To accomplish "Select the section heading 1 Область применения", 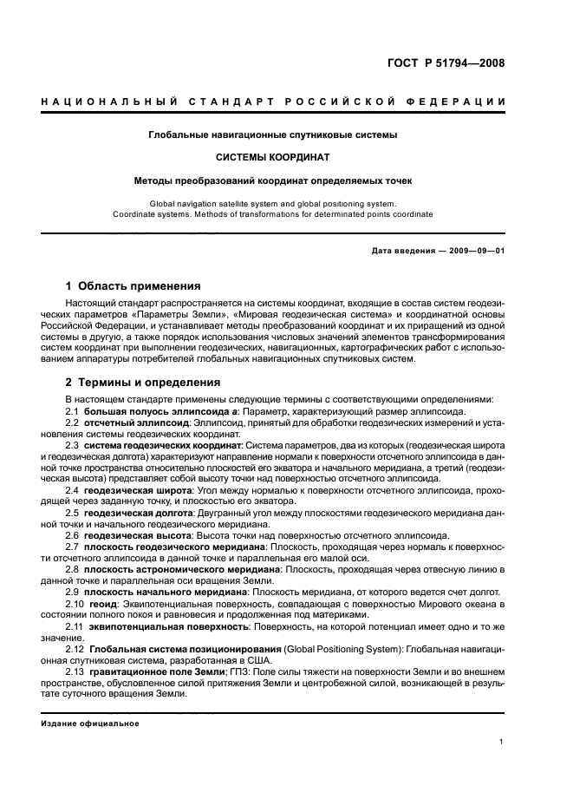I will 133,286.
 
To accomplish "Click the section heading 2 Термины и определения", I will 143,382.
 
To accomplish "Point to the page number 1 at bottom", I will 502,742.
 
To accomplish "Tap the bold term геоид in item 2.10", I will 101,603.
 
